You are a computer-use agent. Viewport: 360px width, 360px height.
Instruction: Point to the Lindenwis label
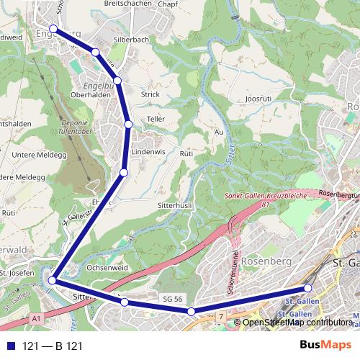point(149,153)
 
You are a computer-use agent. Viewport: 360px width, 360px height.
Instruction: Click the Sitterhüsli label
point(173,205)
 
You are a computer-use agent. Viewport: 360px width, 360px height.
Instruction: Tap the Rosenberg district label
point(264,261)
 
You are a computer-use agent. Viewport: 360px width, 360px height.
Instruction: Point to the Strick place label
point(150,94)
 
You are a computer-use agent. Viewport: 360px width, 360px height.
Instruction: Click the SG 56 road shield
point(169,297)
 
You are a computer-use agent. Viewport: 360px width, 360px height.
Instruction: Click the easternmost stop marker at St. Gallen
point(308,289)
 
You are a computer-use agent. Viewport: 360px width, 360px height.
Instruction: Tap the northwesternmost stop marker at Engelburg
point(53,30)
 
